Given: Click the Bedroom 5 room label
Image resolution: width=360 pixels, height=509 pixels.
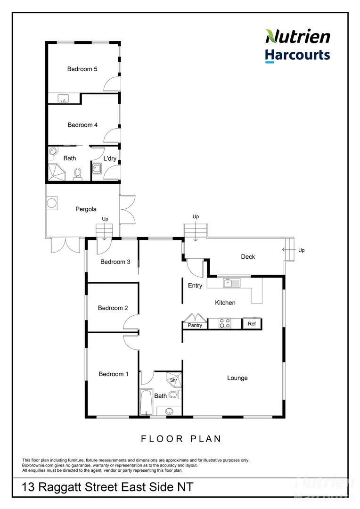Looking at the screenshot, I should pyautogui.click(x=82, y=69).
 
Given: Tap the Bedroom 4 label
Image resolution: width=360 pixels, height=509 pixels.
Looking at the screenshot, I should pyautogui.click(x=82, y=125).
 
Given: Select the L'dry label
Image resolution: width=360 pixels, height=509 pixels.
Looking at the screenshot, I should pyautogui.click(x=110, y=158).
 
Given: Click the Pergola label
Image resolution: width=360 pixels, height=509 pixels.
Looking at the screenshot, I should pyautogui.click(x=86, y=209).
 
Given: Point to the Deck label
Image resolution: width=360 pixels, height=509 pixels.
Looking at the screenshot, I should pyautogui.click(x=248, y=256).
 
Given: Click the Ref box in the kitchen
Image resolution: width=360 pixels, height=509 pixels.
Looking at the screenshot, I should pyautogui.click(x=252, y=324).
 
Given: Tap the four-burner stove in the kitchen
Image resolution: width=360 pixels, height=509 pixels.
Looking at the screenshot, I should pyautogui.click(x=225, y=323).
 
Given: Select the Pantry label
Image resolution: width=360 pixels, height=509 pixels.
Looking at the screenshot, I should pyautogui.click(x=195, y=325).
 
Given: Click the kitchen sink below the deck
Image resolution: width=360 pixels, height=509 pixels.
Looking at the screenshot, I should pyautogui.click(x=231, y=283).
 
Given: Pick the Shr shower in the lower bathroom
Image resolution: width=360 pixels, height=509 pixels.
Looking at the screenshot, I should pyautogui.click(x=173, y=380).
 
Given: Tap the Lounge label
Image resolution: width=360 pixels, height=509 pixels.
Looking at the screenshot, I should pyautogui.click(x=237, y=378).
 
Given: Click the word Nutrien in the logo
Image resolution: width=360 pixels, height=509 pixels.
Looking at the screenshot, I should pyautogui.click(x=297, y=37).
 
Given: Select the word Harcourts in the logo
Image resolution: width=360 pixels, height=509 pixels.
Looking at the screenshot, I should pyautogui.click(x=297, y=55).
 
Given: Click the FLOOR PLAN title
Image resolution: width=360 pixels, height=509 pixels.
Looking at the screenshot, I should pyautogui.click(x=181, y=439).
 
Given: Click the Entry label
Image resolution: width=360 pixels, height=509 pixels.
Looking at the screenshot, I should pyautogui.click(x=195, y=286).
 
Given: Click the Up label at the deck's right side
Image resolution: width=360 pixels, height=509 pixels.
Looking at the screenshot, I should pyautogui.click(x=302, y=250).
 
